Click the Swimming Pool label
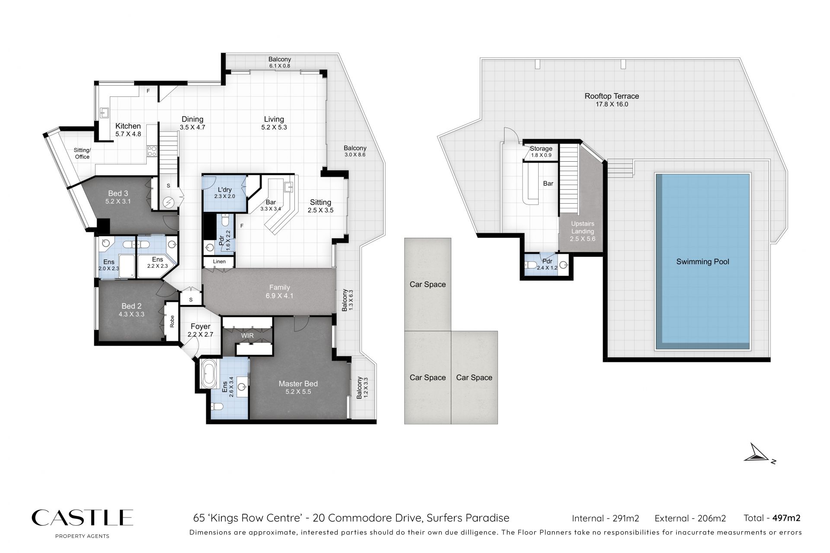[x=702, y=262]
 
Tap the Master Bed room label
[x=298, y=384]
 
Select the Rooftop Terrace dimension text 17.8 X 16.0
[x=612, y=104]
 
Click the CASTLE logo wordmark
[x=82, y=518]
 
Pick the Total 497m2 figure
[x=772, y=518]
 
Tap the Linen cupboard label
[x=219, y=262]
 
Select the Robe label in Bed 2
[x=172, y=321]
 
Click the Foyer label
[x=200, y=326]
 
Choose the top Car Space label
[x=428, y=284]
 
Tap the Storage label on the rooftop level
[x=541, y=148]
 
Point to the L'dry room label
[x=225, y=189]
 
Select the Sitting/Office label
[x=82, y=153]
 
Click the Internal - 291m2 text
[x=605, y=518]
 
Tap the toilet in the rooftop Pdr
[x=531, y=265]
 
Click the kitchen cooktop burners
[x=152, y=151]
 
